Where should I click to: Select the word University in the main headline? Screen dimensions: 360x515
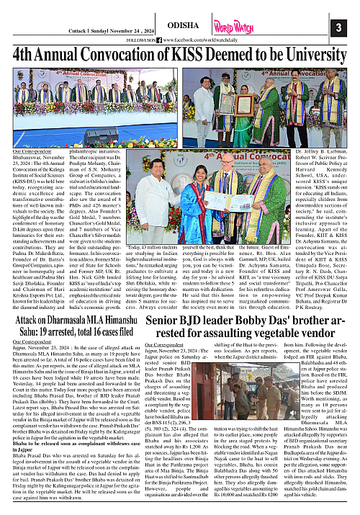click(x=311, y=56)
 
